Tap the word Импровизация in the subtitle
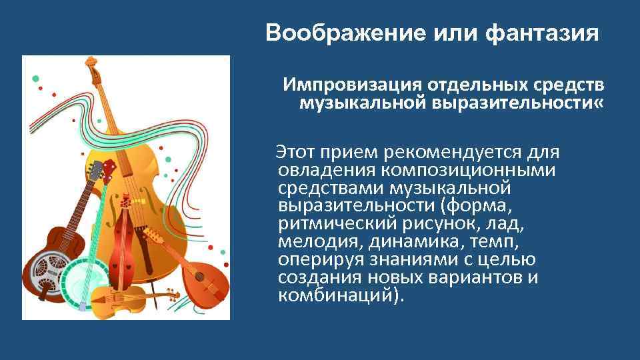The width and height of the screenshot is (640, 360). (x=351, y=86)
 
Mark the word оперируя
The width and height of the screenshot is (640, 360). (x=317, y=260)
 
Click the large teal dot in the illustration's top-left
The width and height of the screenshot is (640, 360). (x=35, y=78)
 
